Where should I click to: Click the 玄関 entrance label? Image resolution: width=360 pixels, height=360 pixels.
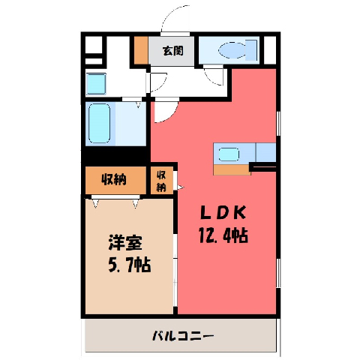(173, 51)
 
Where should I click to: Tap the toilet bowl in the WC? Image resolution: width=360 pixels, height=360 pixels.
(232, 50)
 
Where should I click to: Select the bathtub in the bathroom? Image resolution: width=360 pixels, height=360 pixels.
(100, 124)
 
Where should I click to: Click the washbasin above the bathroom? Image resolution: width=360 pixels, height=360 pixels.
(96, 84)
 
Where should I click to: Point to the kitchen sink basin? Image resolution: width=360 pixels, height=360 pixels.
(229, 154)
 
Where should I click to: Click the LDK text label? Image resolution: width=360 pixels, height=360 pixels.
(223, 213)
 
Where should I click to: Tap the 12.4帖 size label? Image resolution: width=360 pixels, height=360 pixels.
(223, 235)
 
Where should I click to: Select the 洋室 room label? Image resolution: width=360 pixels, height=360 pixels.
(125, 242)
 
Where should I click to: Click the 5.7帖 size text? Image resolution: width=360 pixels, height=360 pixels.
(129, 265)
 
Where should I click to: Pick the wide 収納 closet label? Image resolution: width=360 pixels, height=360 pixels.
(114, 179)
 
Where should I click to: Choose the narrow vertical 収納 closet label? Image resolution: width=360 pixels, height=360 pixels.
(161, 181)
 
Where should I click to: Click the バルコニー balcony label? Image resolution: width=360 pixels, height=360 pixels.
(183, 335)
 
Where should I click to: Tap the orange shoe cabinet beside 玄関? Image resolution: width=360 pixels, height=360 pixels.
(141, 50)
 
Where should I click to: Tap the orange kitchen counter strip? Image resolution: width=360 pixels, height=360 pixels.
(232, 169)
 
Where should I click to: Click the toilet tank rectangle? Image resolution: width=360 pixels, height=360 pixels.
(251, 50)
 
